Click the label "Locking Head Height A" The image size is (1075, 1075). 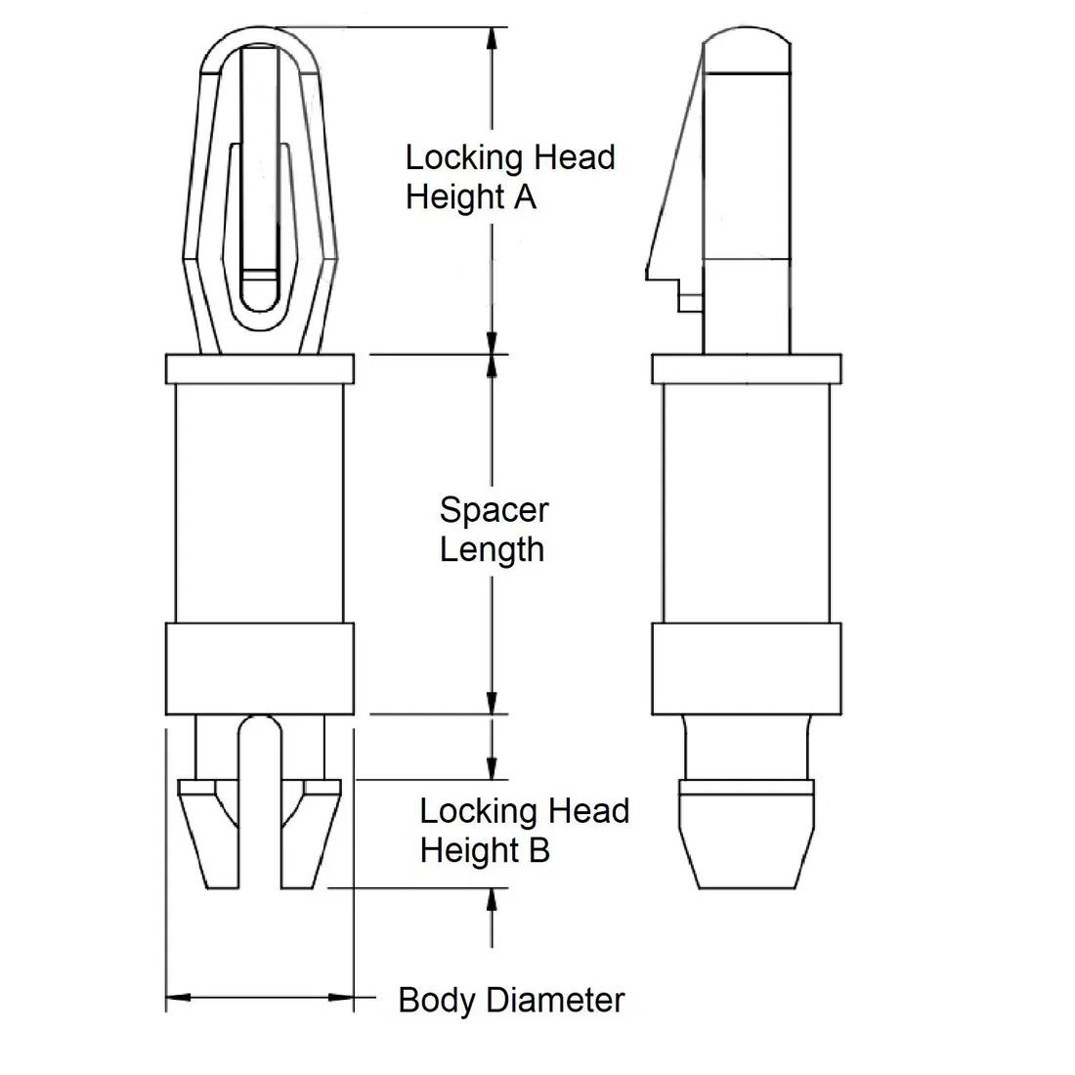click(x=509, y=177)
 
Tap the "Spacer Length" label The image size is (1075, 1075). click(x=493, y=529)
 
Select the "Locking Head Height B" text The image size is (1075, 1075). click(x=524, y=830)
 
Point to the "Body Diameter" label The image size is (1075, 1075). click(x=511, y=1000)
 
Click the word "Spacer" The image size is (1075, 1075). click(x=494, y=509)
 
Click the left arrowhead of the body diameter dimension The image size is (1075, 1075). click(x=176, y=998)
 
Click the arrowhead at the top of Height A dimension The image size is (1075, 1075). click(x=492, y=37)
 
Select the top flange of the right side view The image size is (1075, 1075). click(x=746, y=368)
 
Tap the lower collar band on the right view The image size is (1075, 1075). click(x=746, y=667)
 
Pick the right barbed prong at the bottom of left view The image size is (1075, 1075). click(x=310, y=831)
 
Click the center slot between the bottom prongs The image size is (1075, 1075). click(x=259, y=801)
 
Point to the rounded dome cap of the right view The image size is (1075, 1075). click(x=747, y=51)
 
